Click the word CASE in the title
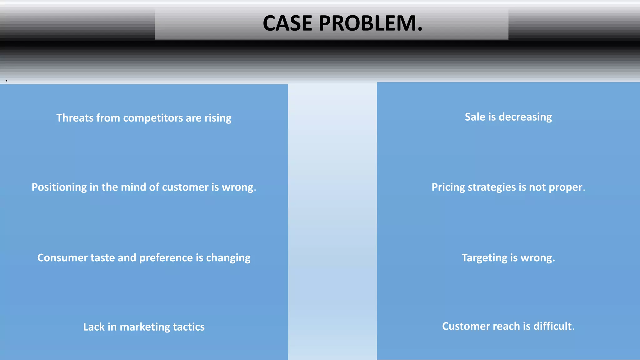(287, 23)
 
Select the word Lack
(94, 327)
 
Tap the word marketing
(145, 327)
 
